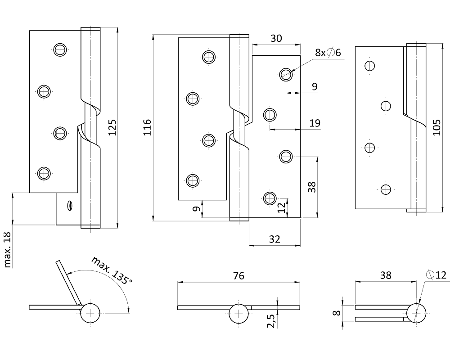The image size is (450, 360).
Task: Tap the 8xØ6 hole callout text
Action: coord(328,53)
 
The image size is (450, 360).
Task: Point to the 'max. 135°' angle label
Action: coord(112,270)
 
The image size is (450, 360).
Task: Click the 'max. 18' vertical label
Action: coord(8,250)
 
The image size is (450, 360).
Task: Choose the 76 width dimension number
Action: coord(238,276)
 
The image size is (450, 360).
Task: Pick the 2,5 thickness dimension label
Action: coord(271,321)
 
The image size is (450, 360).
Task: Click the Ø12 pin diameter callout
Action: coord(434,275)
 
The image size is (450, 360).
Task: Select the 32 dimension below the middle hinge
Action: coord(274,239)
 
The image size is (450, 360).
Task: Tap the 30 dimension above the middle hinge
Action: coord(276,39)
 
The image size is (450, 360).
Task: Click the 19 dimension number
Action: coord(315,123)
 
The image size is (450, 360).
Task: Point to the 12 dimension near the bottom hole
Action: coord(282,207)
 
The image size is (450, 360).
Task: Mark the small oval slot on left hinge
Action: coord(70,205)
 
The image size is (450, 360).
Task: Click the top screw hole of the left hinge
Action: coord(60,50)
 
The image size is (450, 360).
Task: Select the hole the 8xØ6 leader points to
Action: coord(285,74)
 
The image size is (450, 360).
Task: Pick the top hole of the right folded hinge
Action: coord(370,66)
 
